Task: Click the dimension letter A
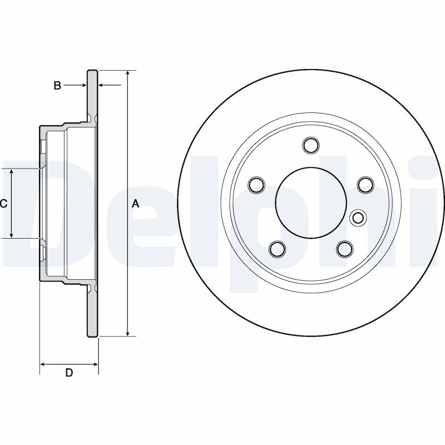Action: [135, 204]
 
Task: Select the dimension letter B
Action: [57, 86]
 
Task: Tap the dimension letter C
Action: [4, 204]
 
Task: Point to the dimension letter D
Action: [69, 373]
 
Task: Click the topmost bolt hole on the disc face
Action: [311, 145]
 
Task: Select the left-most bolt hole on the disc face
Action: [256, 184]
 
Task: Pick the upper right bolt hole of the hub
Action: [364, 184]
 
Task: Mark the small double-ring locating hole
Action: [358, 217]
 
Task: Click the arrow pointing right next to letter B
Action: [83, 86]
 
